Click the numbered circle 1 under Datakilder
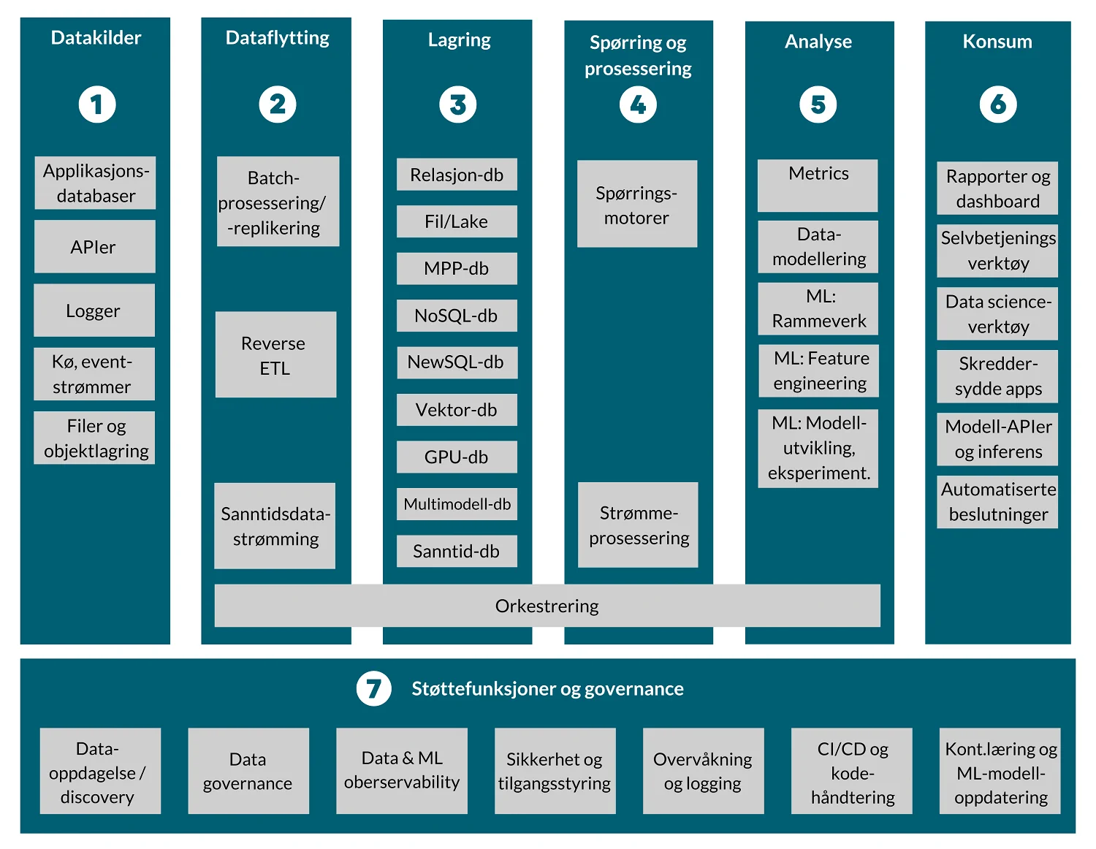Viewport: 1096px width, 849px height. tap(97, 104)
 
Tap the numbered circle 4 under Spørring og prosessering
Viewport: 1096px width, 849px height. tap(638, 105)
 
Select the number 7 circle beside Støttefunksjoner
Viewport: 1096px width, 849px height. tap(373, 688)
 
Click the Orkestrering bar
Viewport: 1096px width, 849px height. tap(547, 606)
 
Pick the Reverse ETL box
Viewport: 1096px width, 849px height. tap(275, 355)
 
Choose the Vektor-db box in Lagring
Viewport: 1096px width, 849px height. tap(457, 410)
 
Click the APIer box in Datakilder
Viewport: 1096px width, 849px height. tap(94, 247)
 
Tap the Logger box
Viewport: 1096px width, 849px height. tap(94, 311)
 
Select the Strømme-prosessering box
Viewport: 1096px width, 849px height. tap(638, 525)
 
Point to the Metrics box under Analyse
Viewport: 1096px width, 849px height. tap(818, 186)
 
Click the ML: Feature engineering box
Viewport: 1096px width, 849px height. tap(819, 371)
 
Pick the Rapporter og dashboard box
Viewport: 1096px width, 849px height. tap(997, 189)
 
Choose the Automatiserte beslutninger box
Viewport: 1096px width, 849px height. tap(997, 502)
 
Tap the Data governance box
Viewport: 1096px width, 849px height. tap(248, 771)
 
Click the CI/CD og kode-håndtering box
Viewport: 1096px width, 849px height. tap(852, 772)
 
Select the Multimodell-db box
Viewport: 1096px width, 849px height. tap(457, 504)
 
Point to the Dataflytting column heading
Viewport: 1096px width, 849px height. tap(277, 38)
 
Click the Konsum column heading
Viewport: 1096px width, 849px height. tap(997, 42)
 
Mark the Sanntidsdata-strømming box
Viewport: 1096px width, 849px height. tap(275, 526)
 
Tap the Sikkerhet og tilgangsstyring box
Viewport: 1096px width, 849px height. tap(555, 771)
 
